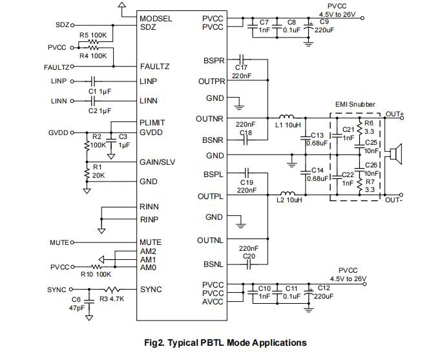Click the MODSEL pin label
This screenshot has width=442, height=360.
156,19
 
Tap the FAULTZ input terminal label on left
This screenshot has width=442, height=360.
57,67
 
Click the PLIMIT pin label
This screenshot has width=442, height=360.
153,123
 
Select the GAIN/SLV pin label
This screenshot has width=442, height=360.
158,162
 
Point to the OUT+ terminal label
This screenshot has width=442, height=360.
394,114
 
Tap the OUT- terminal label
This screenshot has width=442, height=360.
394,200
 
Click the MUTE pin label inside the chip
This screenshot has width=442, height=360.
151,242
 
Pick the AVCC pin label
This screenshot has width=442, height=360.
213,302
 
